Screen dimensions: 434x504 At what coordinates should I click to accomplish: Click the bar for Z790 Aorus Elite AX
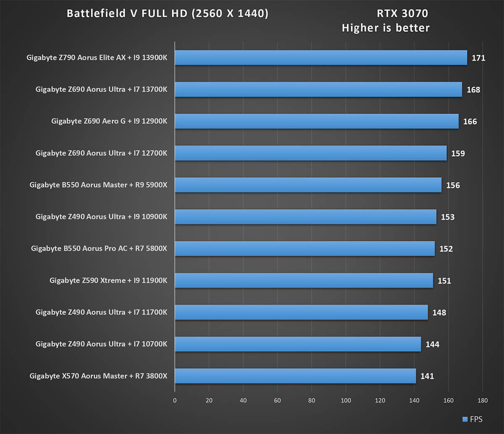(x=320, y=58)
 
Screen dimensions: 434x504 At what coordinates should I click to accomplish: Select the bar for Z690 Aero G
(x=316, y=121)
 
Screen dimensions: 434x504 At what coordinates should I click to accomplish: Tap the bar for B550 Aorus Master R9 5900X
(x=308, y=185)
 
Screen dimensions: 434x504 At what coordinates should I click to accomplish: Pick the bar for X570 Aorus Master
(x=295, y=376)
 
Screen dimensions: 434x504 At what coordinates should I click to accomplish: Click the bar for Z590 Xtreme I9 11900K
(x=304, y=280)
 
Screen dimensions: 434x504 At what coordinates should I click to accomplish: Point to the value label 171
(x=478, y=58)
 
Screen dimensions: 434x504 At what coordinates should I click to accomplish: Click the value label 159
(x=458, y=153)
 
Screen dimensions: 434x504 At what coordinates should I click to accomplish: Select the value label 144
(x=432, y=344)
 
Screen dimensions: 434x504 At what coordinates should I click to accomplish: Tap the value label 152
(x=446, y=249)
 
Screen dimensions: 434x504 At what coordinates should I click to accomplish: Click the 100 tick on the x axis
(x=346, y=400)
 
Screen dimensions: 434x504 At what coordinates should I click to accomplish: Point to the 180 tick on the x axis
(x=483, y=400)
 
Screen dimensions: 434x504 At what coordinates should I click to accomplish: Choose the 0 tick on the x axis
(x=175, y=400)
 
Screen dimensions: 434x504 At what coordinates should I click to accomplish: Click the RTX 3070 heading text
(x=402, y=14)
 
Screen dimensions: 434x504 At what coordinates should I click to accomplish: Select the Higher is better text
(x=386, y=28)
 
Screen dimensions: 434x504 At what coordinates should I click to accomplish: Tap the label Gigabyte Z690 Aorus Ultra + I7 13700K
(x=101, y=89)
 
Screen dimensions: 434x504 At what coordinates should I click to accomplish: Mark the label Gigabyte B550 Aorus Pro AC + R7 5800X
(x=99, y=248)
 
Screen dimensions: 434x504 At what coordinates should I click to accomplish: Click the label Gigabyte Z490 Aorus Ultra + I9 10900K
(x=101, y=217)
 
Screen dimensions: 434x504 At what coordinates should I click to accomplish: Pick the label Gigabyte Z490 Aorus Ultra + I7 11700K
(x=101, y=312)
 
